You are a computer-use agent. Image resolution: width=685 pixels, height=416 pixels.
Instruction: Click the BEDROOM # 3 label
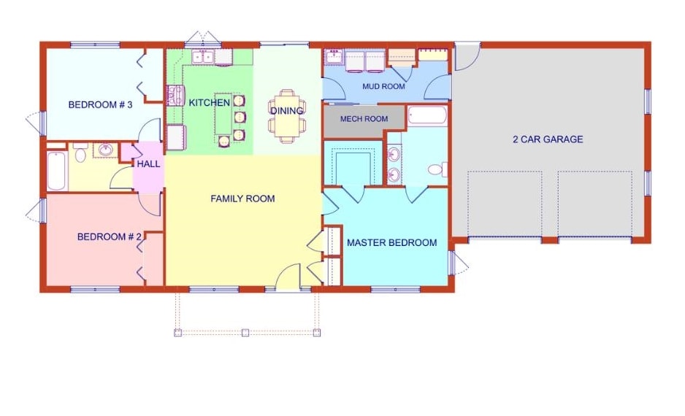[x=100, y=104]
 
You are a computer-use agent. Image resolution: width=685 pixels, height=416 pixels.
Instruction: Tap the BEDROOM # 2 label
[x=109, y=236]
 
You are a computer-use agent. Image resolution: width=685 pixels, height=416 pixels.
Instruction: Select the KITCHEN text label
[x=210, y=103]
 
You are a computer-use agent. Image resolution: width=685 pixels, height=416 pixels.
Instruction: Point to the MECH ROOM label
[x=364, y=119]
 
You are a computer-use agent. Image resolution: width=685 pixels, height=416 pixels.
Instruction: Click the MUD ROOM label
[x=383, y=86]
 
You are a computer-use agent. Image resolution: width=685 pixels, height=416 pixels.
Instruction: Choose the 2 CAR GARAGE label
[x=548, y=139]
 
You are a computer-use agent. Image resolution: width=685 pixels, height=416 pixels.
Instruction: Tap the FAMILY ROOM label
[x=242, y=199]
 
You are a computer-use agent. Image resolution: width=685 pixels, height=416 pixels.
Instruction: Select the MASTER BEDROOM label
[x=391, y=243]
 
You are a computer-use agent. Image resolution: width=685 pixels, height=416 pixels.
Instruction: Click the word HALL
[x=148, y=164]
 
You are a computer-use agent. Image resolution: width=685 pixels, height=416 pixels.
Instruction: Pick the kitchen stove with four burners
[x=176, y=96]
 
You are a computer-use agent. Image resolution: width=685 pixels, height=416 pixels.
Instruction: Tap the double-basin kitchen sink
[x=202, y=56]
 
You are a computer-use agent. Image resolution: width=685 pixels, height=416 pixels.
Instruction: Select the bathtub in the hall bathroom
[x=56, y=172]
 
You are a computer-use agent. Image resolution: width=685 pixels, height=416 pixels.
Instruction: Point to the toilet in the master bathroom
[x=437, y=169]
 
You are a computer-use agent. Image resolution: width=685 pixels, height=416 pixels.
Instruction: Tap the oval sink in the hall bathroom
[x=105, y=150]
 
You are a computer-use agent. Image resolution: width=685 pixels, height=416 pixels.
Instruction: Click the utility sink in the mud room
[x=335, y=56]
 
